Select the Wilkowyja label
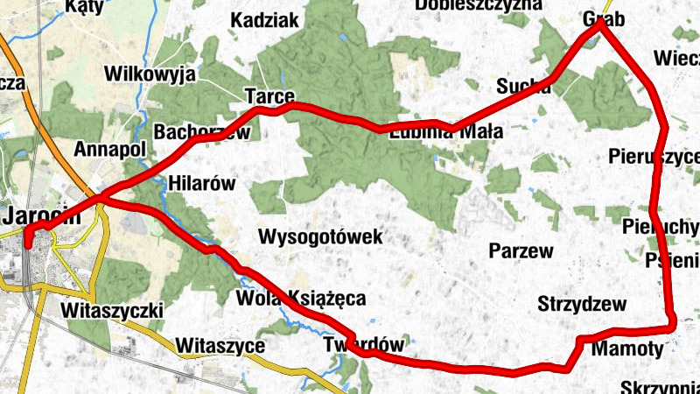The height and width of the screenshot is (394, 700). click(x=149, y=74)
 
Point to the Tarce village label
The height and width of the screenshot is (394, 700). click(x=269, y=95)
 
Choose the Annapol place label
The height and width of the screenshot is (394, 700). click(x=109, y=149)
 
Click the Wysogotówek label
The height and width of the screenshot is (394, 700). click(x=321, y=237)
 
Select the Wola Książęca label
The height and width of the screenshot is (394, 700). click(x=301, y=299)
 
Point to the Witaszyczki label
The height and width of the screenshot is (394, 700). click(x=114, y=311)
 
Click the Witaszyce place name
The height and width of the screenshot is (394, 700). click(x=220, y=346)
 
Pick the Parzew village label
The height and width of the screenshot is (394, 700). click(x=521, y=251)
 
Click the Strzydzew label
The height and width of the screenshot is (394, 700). click(x=582, y=305)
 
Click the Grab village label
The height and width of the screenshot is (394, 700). click(x=604, y=19)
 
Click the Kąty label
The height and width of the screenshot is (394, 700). click(x=84, y=5)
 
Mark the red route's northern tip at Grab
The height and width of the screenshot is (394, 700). click(x=600, y=24)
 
